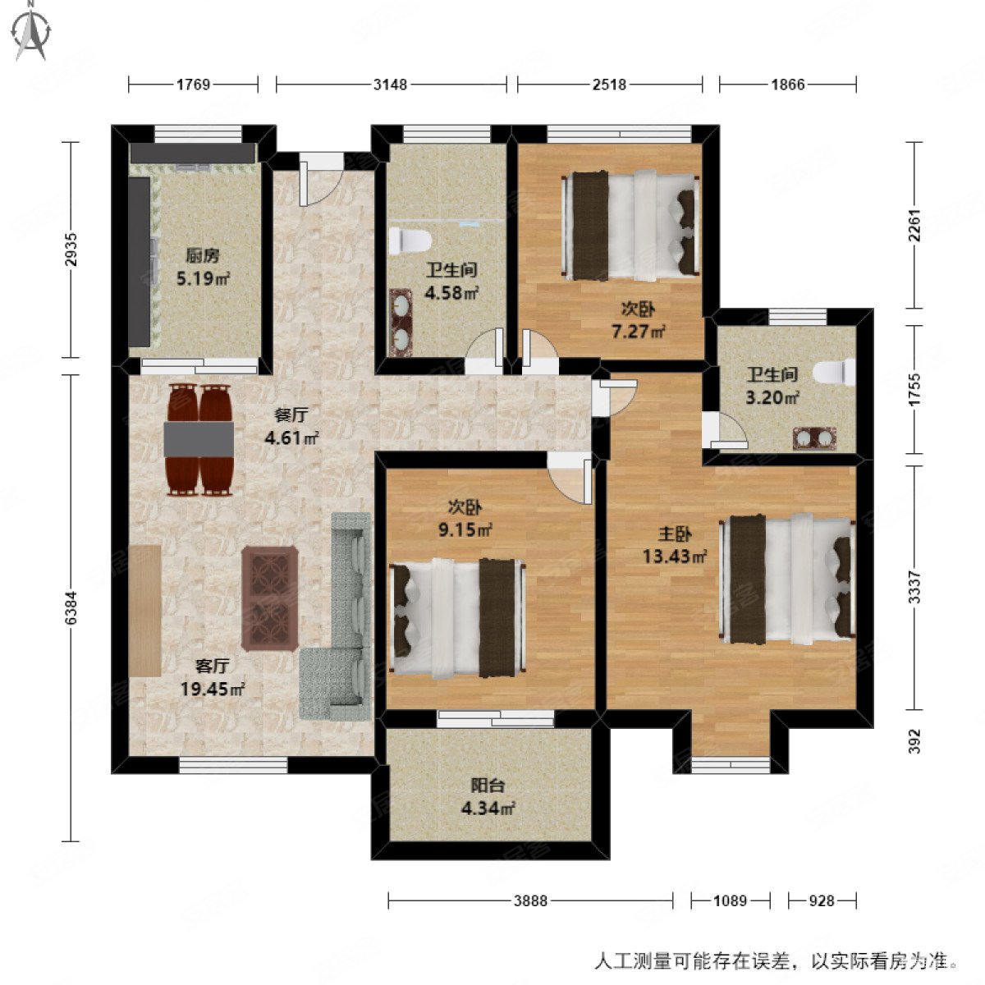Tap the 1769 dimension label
[x=194, y=84]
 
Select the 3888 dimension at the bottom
[x=531, y=900]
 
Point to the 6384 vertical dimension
[x=71, y=608]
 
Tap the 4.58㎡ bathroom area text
[x=451, y=291]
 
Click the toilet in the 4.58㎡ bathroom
[x=410, y=241]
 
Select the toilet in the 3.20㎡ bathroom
[x=831, y=373]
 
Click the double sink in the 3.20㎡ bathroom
[x=814, y=438]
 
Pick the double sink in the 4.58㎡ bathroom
[x=401, y=323]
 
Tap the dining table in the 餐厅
[x=199, y=439]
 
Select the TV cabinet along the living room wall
[x=144, y=610]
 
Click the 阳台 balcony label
[x=488, y=784]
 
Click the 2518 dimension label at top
[x=609, y=84]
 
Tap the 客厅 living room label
[x=212, y=666]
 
